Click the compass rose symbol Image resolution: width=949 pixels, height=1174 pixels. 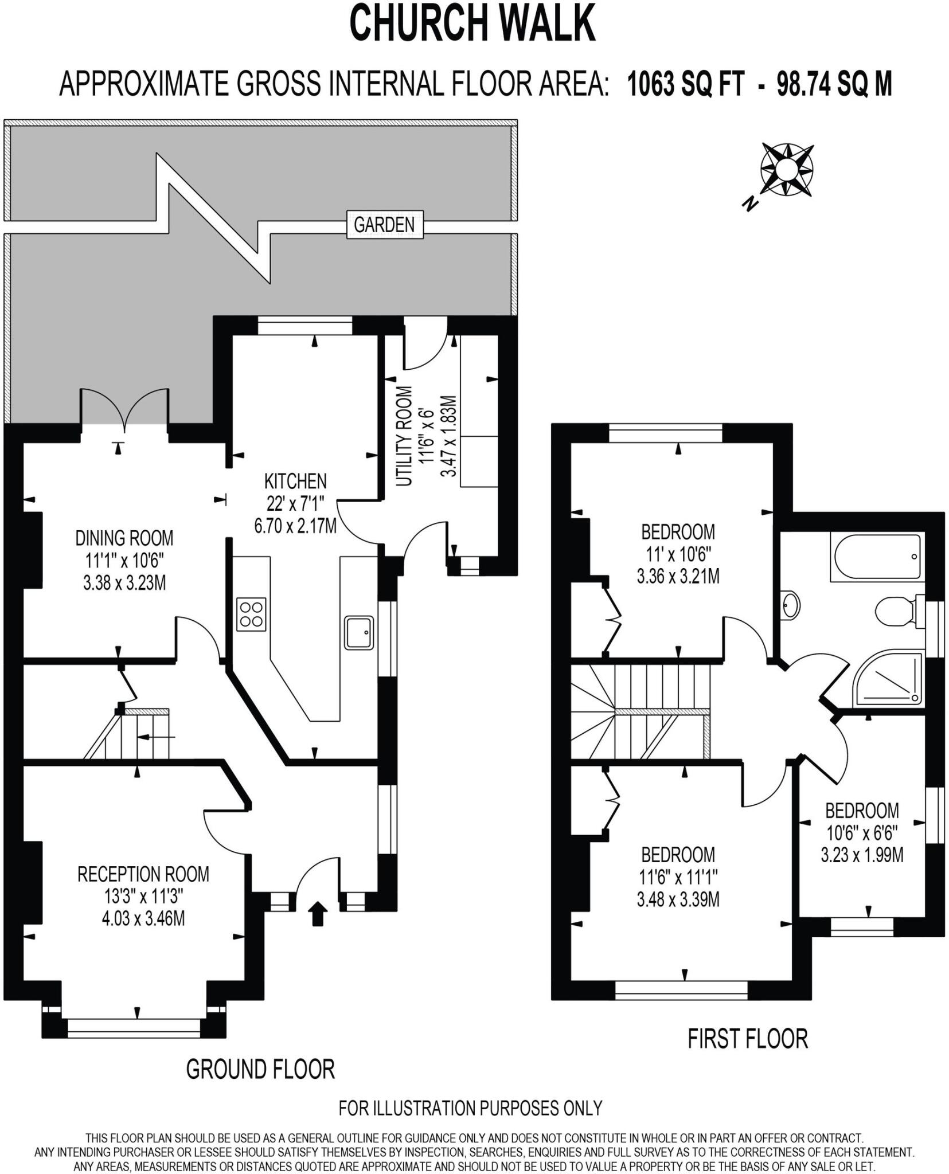pos(786,170)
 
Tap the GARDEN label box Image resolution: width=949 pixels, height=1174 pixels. pos(384,225)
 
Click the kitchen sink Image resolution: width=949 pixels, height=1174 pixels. pos(360,632)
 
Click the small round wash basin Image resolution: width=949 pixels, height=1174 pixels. pos(791,605)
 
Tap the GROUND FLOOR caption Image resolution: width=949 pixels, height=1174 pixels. pos(260,1069)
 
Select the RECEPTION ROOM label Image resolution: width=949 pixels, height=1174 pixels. pos(143,874)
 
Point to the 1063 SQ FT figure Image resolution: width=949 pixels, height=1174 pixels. pos(686,85)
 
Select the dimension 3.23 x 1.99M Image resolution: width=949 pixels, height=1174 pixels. pos(862,855)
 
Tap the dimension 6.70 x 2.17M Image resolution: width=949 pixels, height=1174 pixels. pos(295,526)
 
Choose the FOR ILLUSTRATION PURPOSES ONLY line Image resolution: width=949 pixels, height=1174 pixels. pos(470,1108)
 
